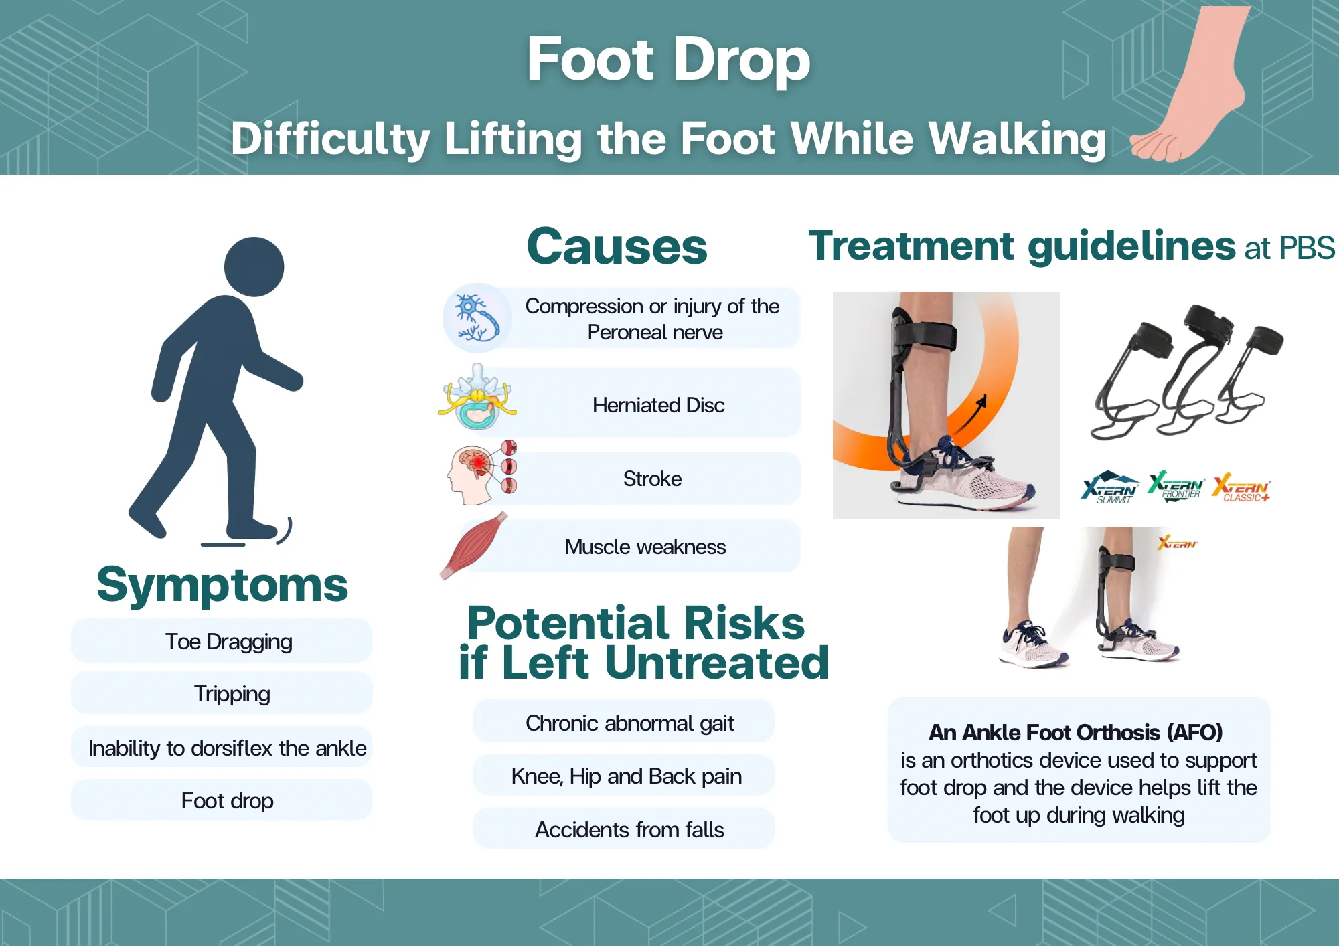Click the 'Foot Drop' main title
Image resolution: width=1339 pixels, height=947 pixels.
[668, 60]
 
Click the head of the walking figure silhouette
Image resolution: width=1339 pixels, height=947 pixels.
[254, 266]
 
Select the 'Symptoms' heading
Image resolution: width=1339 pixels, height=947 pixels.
[222, 585]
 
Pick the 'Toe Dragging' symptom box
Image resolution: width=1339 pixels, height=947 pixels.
[222, 641]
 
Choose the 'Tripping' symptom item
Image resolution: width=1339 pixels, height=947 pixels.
[222, 693]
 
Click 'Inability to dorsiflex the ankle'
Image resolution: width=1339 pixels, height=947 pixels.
[227, 748]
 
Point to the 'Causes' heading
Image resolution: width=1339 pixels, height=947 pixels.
[617, 246]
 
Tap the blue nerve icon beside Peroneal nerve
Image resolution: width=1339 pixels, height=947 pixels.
[477, 318]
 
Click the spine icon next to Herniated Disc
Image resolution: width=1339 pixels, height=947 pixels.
[477, 396]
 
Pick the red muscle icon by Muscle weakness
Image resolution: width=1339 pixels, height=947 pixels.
[474, 545]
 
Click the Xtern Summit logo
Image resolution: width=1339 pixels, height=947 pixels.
[1110, 487]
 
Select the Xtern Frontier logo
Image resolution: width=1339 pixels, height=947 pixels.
[1176, 487]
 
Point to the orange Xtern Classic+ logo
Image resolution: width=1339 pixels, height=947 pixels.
[1241, 487]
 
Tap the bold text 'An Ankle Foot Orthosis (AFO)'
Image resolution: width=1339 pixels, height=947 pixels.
[1075, 732]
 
